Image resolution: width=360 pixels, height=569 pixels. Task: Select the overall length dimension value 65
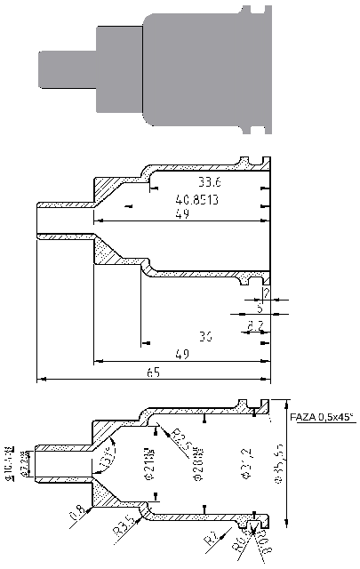click(x=153, y=373)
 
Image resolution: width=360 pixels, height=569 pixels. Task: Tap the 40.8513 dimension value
click(x=197, y=200)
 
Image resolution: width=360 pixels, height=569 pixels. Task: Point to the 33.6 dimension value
click(x=210, y=182)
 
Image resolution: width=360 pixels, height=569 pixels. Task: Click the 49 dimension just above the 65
click(x=181, y=354)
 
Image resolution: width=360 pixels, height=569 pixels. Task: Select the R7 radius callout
click(x=210, y=537)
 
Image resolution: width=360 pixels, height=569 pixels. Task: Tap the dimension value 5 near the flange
click(x=259, y=309)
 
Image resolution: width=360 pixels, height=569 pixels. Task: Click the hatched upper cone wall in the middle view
click(x=116, y=188)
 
